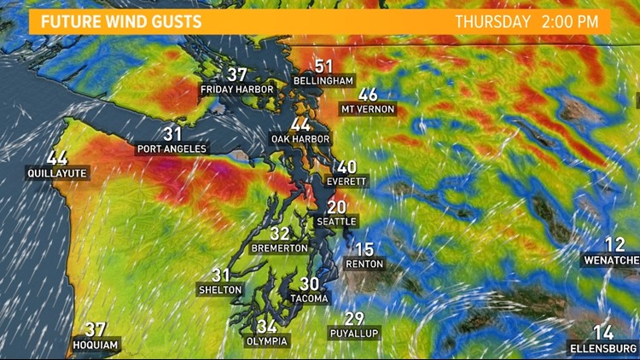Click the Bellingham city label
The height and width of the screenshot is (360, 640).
pos(323,80)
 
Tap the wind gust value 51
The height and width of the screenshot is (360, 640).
pos(323,66)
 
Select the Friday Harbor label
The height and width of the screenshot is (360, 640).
pos(237,89)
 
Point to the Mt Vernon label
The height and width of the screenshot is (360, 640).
pos(369,109)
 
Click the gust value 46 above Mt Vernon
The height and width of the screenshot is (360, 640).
pos(369,95)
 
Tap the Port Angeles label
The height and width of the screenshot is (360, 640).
pos(172,148)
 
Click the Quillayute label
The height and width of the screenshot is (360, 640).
pos(56,173)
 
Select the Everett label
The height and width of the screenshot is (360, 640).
pos(346,182)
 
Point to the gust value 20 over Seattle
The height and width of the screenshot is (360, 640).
pos(337,207)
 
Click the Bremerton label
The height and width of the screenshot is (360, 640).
pos(280,247)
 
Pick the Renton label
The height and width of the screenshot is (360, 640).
pos(364,264)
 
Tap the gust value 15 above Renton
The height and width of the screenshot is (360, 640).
pos(364,250)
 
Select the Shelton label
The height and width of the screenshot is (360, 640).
pos(221,289)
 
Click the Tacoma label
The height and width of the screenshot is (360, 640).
pos(309,299)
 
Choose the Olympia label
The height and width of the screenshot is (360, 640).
pos(266,340)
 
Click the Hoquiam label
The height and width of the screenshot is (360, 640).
pos(95,345)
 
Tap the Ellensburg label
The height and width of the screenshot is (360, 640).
pos(603,347)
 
